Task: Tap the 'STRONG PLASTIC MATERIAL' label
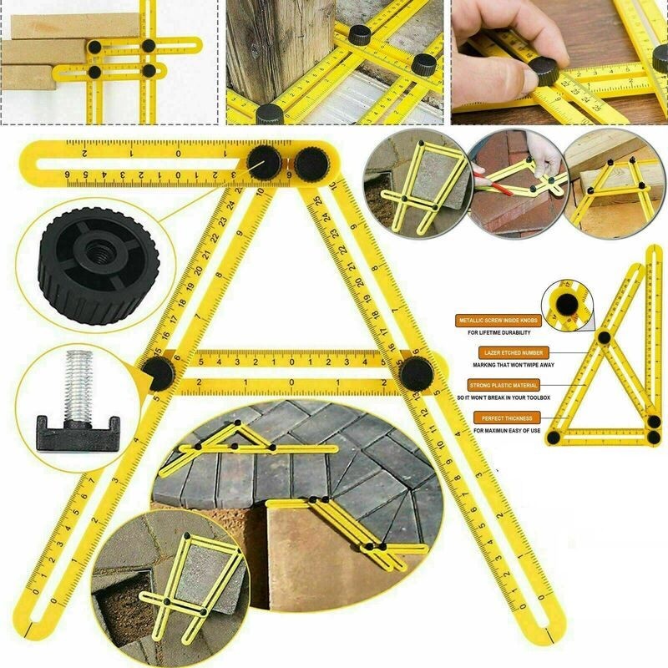coord(503,385)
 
